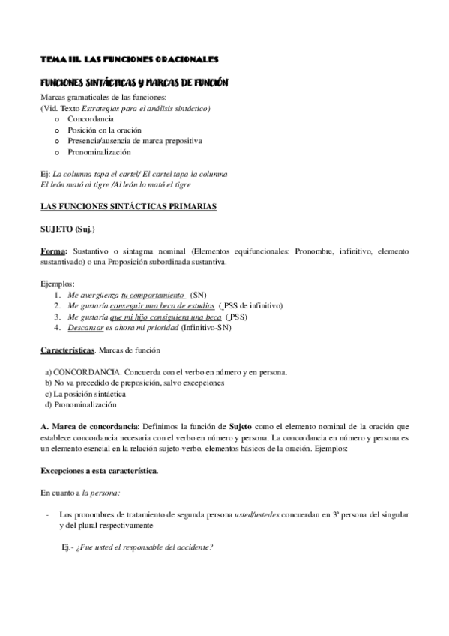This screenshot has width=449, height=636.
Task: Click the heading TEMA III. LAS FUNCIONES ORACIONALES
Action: point(129,58)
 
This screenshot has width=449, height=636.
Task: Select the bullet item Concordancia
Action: point(90,119)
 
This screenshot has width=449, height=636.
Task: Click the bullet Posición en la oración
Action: point(104,130)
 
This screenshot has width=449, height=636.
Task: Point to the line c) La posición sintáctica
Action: point(85,393)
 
